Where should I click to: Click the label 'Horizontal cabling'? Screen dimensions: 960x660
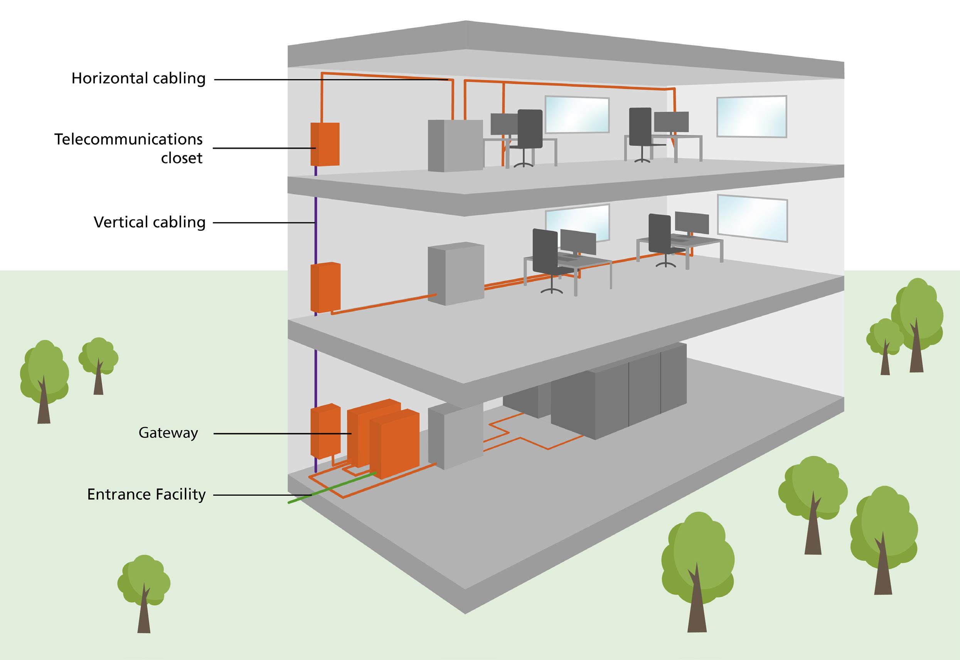[x=138, y=79]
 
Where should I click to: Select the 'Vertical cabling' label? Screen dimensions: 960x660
[x=150, y=222]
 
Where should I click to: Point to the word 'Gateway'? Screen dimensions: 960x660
[x=168, y=433]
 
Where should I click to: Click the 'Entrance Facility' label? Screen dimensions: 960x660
[x=147, y=495]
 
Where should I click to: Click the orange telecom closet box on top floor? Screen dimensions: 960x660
[x=325, y=144]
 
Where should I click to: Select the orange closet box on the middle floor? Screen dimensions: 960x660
[x=325, y=286]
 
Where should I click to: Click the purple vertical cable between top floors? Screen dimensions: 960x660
[x=316, y=227]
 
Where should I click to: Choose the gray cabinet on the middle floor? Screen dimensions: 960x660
[x=456, y=273]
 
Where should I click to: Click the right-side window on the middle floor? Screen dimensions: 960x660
[x=752, y=218]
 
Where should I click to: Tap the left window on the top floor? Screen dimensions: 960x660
[x=577, y=114]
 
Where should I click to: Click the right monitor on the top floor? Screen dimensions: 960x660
[x=671, y=122]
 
